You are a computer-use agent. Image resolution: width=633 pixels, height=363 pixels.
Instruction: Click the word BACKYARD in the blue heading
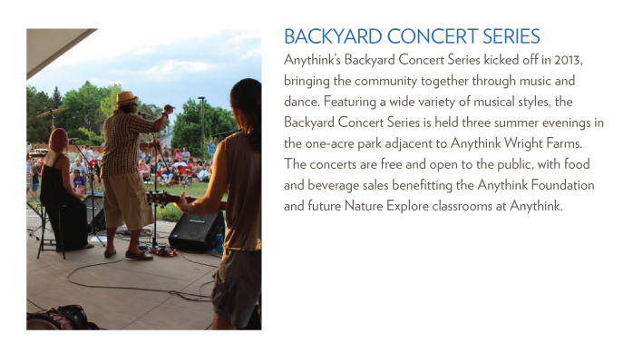point(333,36)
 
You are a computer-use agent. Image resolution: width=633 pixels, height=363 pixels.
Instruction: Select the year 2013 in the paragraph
point(568,60)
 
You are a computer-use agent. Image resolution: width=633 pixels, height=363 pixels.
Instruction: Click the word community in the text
point(385,81)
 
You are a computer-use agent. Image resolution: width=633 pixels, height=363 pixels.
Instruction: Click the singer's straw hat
point(126,98)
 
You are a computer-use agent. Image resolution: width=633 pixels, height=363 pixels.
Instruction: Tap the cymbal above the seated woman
point(51,113)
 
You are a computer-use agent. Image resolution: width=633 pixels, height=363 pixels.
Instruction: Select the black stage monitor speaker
point(197,231)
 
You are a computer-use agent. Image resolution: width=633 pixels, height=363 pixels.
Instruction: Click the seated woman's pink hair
point(58,141)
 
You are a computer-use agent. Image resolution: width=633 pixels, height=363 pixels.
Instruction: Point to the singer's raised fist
point(169,109)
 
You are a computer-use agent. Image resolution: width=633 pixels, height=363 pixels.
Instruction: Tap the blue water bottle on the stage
point(219,243)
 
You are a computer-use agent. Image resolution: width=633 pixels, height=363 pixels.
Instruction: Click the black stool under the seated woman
point(52,231)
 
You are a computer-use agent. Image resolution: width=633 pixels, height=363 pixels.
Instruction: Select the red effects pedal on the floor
point(166,252)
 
